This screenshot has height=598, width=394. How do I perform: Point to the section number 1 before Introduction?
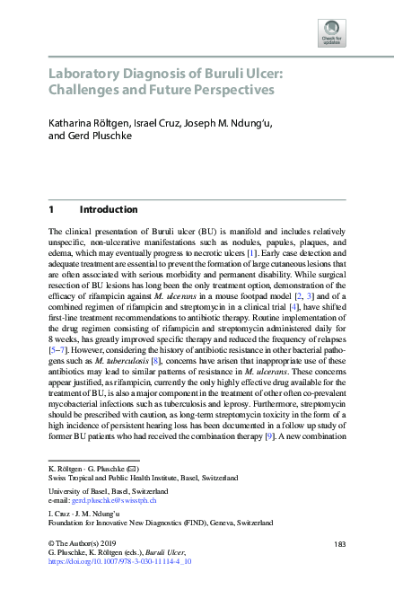point(51,209)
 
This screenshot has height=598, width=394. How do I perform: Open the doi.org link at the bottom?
point(118,562)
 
